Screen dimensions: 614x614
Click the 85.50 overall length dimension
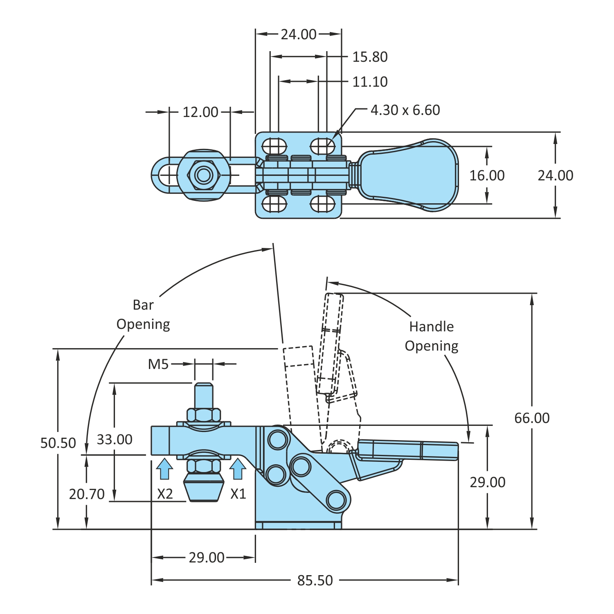[315, 580]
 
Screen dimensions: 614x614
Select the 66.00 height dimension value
[532, 418]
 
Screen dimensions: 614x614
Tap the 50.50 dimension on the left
[58, 443]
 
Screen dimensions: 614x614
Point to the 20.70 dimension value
[87, 494]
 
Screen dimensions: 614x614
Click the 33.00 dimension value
[115, 439]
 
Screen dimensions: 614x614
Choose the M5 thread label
[158, 364]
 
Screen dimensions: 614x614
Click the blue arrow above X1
[238, 469]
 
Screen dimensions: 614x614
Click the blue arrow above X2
[164, 469]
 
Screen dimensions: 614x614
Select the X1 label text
[238, 494]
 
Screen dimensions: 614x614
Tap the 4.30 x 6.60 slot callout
[405, 110]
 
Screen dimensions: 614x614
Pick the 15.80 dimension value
[370, 57]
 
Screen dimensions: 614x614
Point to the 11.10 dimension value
[370, 82]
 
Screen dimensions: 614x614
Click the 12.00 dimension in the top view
[200, 112]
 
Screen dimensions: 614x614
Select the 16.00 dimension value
[487, 175]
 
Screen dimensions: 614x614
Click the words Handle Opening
[432, 336]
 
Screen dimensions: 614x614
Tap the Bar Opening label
[143, 315]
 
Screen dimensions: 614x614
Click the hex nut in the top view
[204, 175]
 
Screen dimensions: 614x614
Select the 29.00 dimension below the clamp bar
[207, 557]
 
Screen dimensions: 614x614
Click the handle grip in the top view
[409, 175]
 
